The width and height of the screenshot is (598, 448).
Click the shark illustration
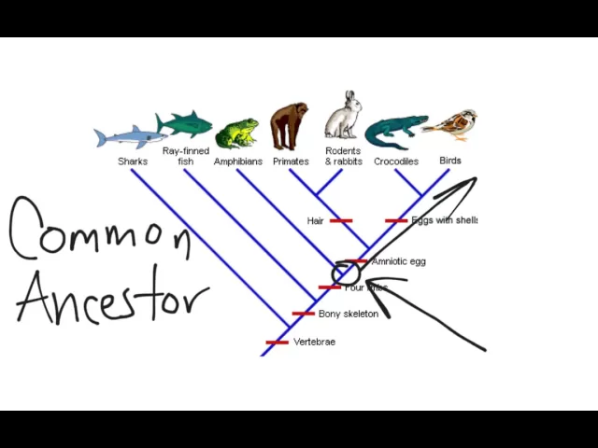coord(130,137)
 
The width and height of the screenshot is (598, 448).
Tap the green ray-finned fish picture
coord(184,124)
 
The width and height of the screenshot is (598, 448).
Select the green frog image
coord(237,133)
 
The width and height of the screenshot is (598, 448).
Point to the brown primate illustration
coord(289,126)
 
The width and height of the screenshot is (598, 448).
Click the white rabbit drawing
coord(343,117)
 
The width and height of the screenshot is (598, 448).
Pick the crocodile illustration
coord(394,132)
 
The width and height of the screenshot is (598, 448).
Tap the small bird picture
coord(452,123)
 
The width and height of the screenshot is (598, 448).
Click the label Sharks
coord(133,161)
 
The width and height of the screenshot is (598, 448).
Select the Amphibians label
coord(237,161)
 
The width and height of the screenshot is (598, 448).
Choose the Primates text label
coord(291,161)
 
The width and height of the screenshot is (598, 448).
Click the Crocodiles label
coord(396,161)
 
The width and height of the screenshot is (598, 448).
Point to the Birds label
coord(450,161)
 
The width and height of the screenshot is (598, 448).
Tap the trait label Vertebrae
coord(314,342)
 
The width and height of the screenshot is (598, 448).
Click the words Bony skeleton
coord(348,314)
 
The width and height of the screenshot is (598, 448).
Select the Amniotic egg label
coord(398,261)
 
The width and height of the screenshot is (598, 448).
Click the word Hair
coord(315,221)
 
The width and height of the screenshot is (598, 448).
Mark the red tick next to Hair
coord(341,221)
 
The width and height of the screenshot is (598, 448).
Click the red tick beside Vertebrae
coord(278,343)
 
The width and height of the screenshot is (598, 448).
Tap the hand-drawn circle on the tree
coord(346,273)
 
